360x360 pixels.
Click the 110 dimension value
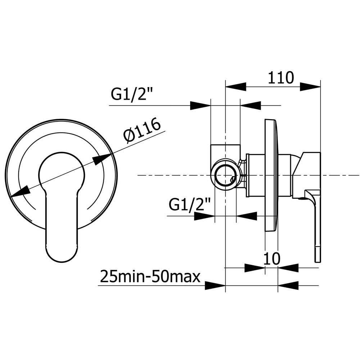(281, 78)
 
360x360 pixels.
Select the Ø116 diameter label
(141, 130)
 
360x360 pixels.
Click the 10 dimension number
(271, 258)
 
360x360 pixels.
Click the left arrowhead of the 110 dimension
(236, 87)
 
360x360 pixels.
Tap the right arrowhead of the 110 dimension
(310, 87)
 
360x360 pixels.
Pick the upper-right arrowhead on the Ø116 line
(102, 159)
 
